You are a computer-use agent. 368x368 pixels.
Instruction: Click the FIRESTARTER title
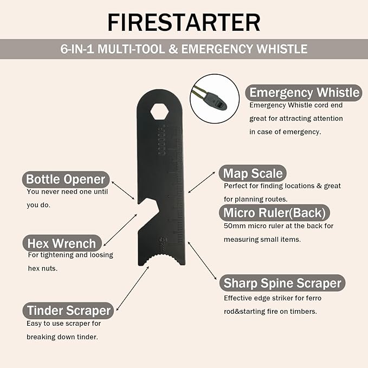pyautogui.click(x=184, y=22)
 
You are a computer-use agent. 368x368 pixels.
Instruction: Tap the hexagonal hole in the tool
pyautogui.click(x=159, y=111)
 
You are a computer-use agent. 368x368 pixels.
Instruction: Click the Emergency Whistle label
pyautogui.click(x=304, y=93)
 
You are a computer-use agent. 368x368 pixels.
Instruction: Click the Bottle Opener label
pyautogui.click(x=66, y=179)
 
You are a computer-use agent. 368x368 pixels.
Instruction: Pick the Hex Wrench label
pyautogui.click(x=62, y=243)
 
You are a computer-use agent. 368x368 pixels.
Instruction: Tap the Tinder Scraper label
pyautogui.click(x=68, y=310)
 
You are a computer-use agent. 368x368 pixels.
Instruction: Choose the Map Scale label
pyautogui.click(x=253, y=173)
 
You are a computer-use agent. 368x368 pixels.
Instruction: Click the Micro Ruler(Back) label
pyautogui.click(x=274, y=212)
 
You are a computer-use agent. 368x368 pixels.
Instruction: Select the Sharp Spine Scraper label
pyautogui.click(x=282, y=283)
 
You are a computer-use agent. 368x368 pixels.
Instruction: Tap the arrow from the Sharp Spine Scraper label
pyautogui.click(x=202, y=261)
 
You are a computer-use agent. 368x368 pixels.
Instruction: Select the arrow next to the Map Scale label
pyautogui.click(x=202, y=182)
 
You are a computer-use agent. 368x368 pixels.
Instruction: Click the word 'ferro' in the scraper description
pyautogui.click(x=314, y=298)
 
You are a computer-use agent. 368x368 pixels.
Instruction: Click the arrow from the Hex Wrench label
pyautogui.click(x=120, y=230)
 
